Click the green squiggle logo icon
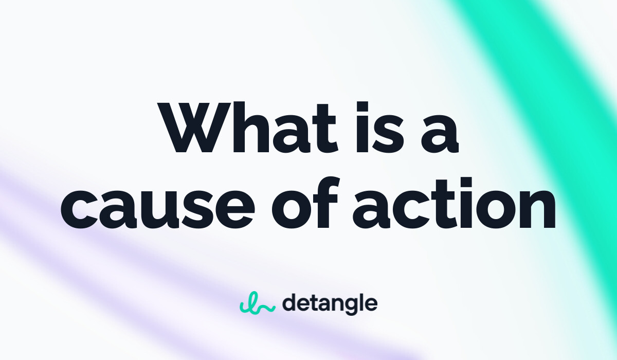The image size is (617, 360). coord(257,303)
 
